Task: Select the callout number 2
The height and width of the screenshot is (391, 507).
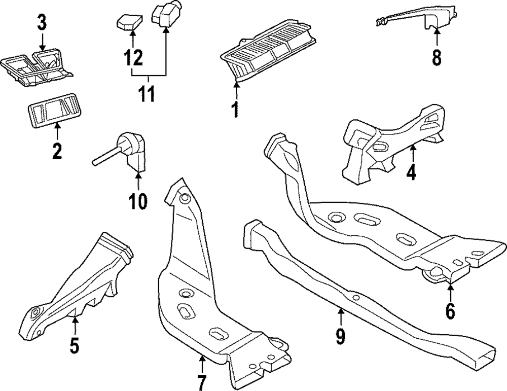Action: pyautogui.click(x=57, y=150)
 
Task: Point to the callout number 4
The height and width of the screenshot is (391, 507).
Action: pyautogui.click(x=411, y=172)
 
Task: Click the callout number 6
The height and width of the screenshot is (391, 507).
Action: pyautogui.click(x=450, y=310)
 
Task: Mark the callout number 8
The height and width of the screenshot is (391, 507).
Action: pyautogui.click(x=437, y=57)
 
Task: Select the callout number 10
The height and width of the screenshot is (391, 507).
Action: pyautogui.click(x=137, y=201)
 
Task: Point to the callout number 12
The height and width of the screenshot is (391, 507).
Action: pyautogui.click(x=132, y=56)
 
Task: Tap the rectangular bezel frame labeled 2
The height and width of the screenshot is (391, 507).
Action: pyautogui.click(x=53, y=111)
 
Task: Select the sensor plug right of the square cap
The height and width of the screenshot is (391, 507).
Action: pyautogui.click(x=166, y=13)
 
